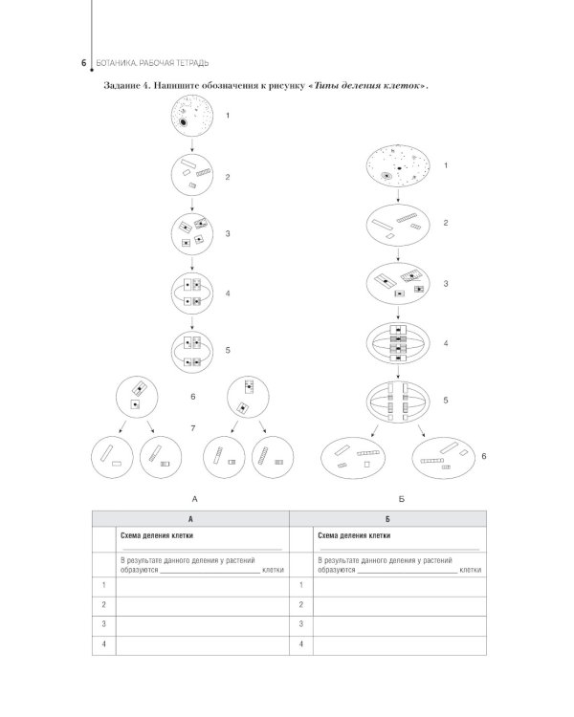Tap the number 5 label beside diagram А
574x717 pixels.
(228, 350)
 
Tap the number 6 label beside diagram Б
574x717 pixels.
(485, 458)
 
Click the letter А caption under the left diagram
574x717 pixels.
(194, 499)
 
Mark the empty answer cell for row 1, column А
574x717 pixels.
(201, 584)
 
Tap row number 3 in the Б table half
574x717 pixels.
(302, 624)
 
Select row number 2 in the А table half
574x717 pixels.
(102, 604)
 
